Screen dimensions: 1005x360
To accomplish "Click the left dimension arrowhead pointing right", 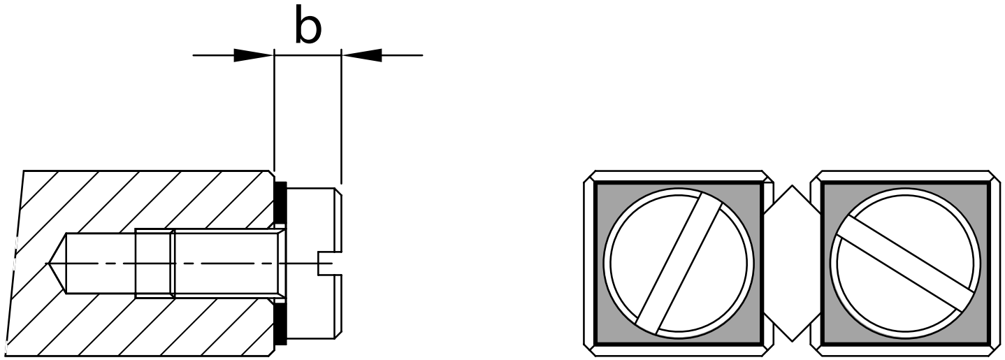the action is coord(254,55).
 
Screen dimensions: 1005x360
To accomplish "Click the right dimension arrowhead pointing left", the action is coord(361,55).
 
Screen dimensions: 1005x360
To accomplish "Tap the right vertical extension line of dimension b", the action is coord(342,117).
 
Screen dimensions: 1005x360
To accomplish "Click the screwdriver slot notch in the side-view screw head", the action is coord(325,264).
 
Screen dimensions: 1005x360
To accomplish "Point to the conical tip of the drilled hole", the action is coord(56,263).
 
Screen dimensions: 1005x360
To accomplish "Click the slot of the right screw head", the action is coord(905,263).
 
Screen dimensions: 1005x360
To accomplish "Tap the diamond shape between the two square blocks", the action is coord(793,263).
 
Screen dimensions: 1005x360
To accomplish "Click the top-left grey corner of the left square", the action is coord(602,192).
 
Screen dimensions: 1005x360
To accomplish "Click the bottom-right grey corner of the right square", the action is coord(980,336).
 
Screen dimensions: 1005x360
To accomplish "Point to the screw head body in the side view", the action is coord(314,264).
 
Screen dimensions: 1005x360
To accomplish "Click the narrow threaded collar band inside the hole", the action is coord(154,263).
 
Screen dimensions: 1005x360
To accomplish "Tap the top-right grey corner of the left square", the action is coord(753,192).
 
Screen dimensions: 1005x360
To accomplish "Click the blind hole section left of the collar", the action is coord(101,263).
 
